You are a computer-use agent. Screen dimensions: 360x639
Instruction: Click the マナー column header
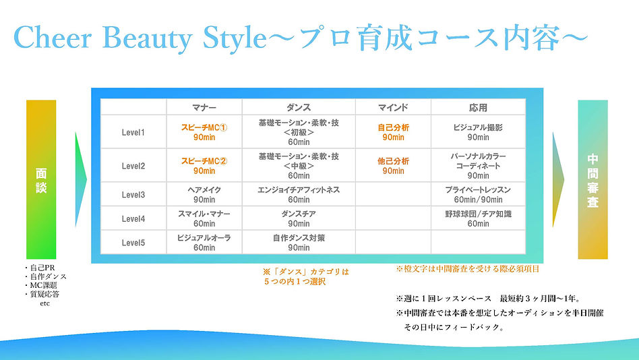click(204, 107)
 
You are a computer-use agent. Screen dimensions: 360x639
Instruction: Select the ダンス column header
click(298, 107)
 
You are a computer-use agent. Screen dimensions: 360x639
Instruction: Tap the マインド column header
click(393, 107)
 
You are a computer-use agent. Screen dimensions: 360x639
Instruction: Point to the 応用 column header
click(478, 107)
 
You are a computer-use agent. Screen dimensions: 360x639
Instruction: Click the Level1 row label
click(133, 132)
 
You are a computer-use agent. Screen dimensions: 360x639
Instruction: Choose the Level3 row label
click(133, 195)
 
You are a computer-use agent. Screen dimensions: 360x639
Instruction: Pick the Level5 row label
click(133, 243)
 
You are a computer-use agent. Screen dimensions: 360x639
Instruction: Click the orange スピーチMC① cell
click(204, 132)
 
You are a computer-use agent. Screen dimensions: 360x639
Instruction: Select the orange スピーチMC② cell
click(204, 166)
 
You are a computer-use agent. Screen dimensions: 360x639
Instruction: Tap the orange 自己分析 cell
click(393, 132)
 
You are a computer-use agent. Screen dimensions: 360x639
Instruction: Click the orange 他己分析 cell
click(393, 166)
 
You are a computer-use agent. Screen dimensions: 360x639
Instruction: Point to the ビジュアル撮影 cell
click(478, 132)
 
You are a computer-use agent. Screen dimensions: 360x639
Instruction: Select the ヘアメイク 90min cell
click(204, 195)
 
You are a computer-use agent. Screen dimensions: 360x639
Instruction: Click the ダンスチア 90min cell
click(298, 218)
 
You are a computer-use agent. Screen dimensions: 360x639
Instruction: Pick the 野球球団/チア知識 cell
click(478, 218)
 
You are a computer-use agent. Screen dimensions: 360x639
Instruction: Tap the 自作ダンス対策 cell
click(298, 243)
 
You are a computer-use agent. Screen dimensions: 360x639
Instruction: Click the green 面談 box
click(41, 179)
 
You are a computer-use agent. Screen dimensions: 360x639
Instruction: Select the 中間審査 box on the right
click(592, 179)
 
